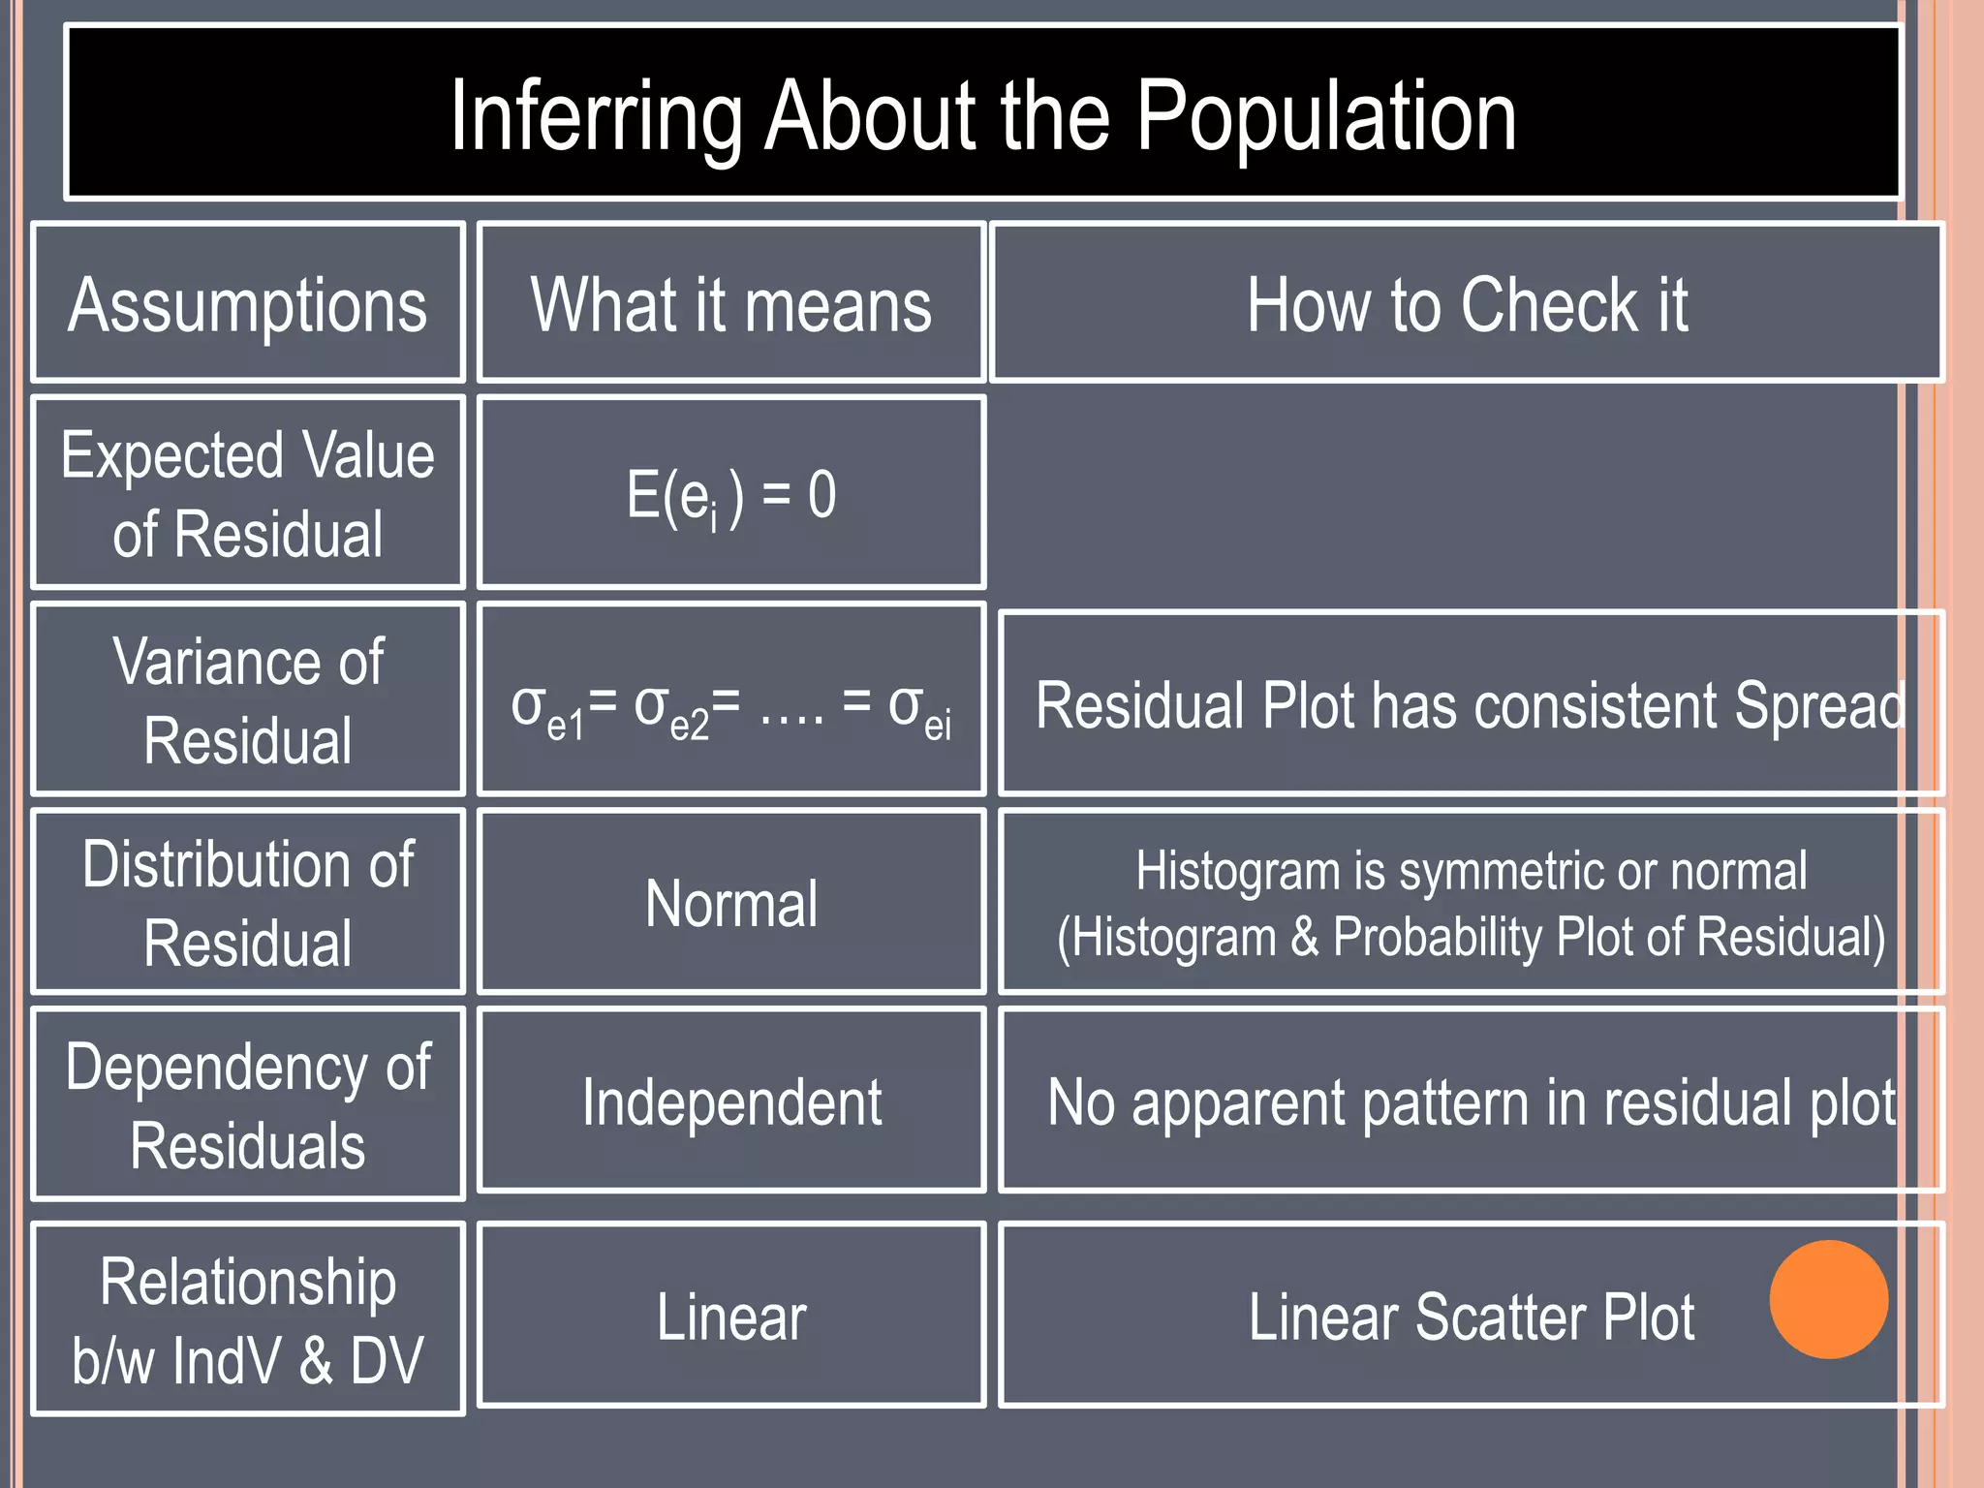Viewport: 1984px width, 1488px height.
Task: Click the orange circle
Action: [1828, 1299]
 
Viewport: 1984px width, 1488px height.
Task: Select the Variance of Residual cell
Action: [248, 700]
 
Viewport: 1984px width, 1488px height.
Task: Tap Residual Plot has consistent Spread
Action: [1469, 704]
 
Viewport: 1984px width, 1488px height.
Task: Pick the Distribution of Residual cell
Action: [248, 903]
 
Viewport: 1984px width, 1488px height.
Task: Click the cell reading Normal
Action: [731, 903]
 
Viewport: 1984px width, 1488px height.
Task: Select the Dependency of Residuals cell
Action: [248, 1105]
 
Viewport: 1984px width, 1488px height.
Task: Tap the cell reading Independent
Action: [731, 1102]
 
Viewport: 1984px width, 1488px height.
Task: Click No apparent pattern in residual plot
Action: [1471, 1102]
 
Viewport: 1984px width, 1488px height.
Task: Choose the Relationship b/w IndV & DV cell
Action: [248, 1319]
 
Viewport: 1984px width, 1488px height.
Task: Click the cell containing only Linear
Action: [731, 1317]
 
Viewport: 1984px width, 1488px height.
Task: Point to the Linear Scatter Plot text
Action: [1471, 1317]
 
